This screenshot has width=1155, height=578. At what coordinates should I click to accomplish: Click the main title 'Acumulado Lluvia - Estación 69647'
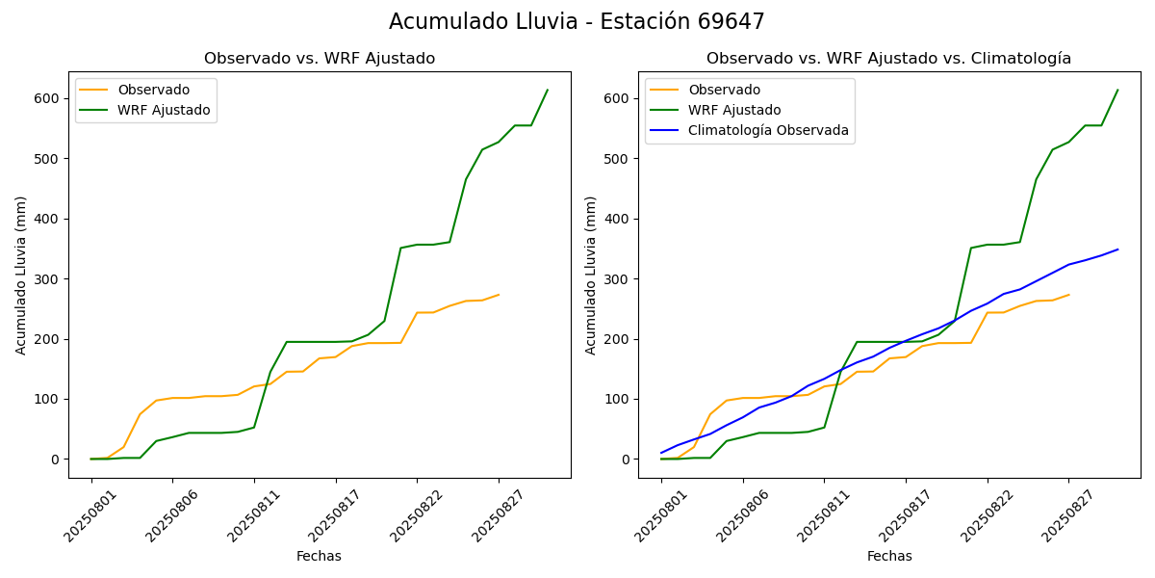577,22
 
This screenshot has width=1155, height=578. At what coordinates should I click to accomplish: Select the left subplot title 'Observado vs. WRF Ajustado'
320,59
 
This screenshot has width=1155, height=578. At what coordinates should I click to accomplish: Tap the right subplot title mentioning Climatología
888,59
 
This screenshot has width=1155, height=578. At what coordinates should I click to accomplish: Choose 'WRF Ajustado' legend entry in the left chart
164,110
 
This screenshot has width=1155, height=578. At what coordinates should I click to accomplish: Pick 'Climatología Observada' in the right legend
768,131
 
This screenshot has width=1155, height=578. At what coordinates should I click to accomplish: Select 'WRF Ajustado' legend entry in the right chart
733,110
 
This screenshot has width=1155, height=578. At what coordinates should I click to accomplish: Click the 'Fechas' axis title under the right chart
889,556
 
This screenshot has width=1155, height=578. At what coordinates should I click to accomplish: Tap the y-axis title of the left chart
21,275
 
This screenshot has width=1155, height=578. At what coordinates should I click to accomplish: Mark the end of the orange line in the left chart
499,295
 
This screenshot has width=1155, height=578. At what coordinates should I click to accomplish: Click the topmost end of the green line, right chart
1117,91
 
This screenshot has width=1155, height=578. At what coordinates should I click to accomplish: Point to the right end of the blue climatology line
1117,250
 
